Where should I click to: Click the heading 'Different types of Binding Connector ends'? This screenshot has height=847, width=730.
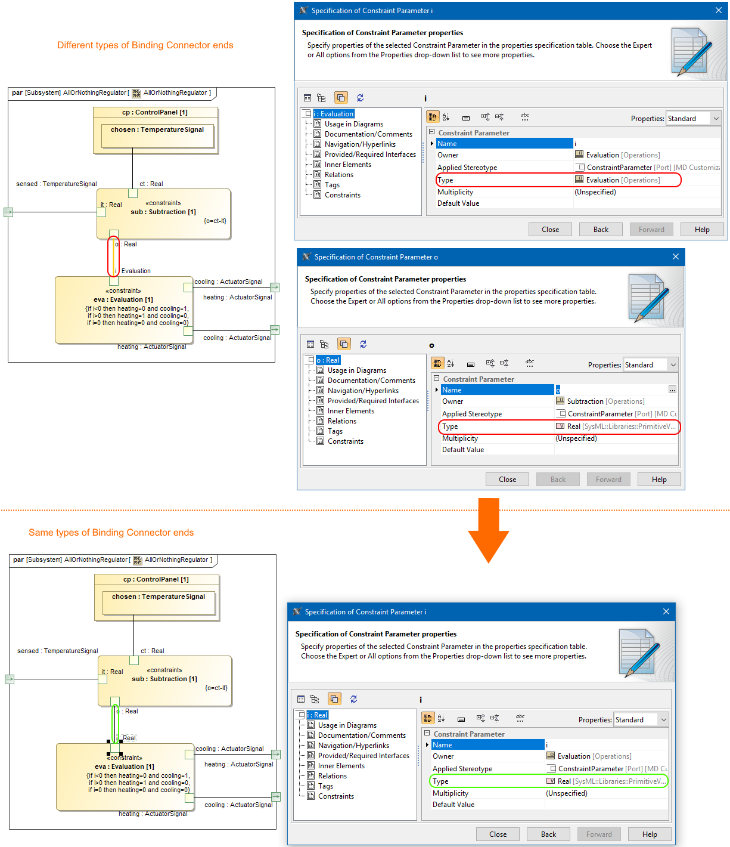point(145,45)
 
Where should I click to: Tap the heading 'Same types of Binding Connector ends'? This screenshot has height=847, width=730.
point(111,533)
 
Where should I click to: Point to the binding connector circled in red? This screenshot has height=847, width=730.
point(114,257)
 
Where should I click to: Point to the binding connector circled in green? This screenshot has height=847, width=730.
point(116,724)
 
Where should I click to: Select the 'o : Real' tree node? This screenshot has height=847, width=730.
point(328,360)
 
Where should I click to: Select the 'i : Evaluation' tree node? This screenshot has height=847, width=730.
point(334,114)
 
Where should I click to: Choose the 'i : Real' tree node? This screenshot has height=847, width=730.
point(318,715)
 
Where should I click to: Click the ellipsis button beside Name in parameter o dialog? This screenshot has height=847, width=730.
point(672,390)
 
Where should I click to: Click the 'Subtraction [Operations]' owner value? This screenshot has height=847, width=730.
point(605,401)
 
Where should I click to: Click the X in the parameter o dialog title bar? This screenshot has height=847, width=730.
point(676,257)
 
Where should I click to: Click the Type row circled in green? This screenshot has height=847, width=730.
point(548,781)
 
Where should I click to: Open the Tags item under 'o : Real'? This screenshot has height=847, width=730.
point(335,431)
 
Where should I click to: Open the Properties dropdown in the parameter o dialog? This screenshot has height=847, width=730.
point(651,365)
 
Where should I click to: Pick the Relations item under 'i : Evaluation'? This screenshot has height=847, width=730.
point(338,175)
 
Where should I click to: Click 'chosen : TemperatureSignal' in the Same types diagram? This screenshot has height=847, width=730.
point(159,597)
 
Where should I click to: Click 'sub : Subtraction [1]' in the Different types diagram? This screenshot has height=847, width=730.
point(163,212)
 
